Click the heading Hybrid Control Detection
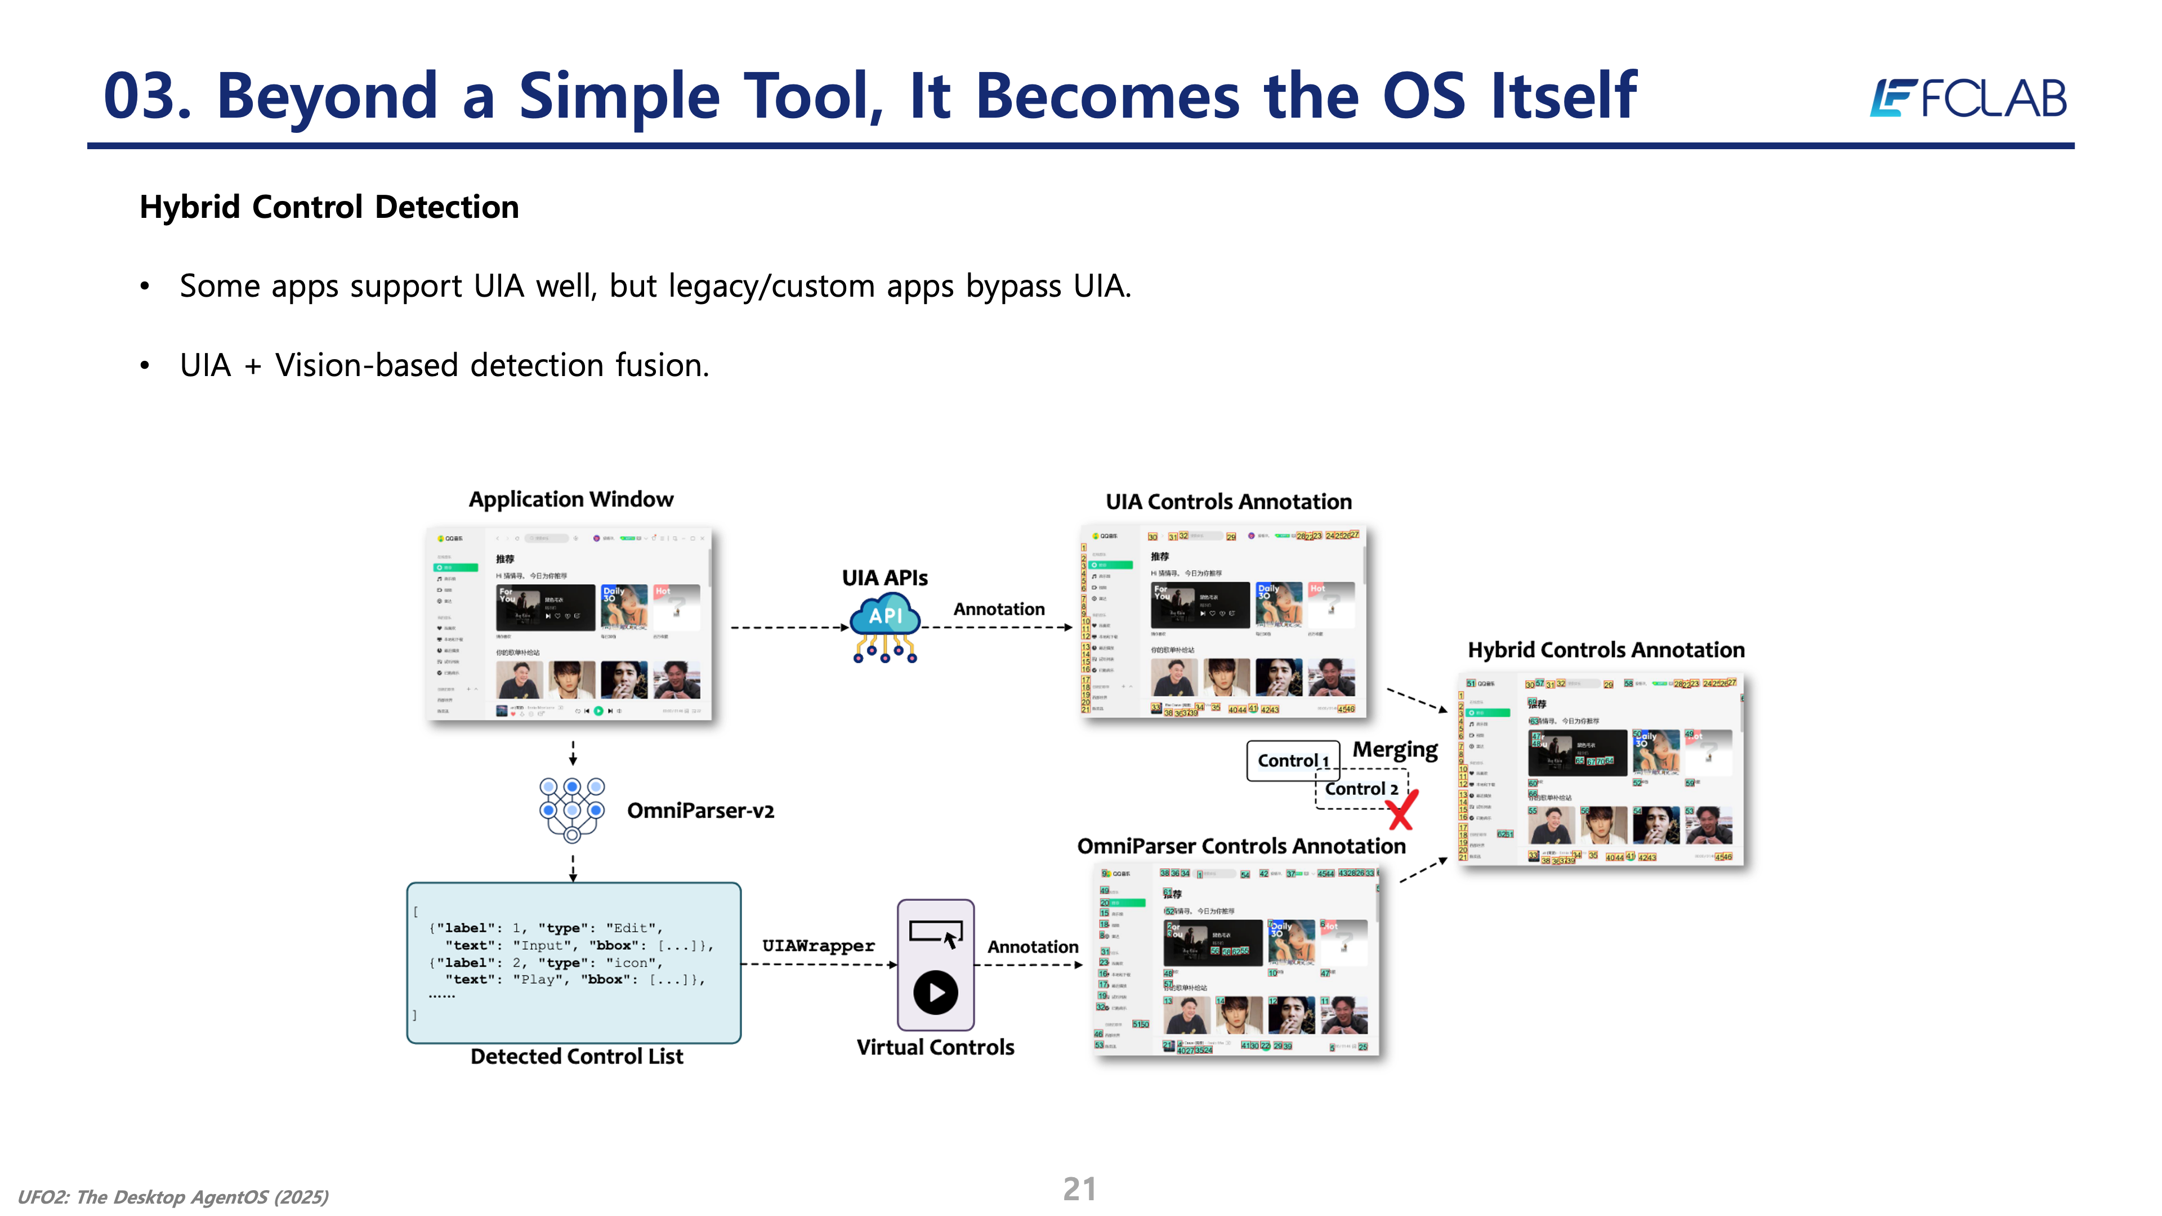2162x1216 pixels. click(x=329, y=207)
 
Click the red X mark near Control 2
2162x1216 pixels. click(x=1401, y=810)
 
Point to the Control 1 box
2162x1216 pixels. click(x=1292, y=761)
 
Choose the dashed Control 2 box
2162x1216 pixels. click(x=1360, y=789)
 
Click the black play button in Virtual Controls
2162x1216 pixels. click(x=935, y=993)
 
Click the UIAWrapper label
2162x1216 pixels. click(x=818, y=946)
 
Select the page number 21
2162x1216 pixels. click(x=1079, y=1189)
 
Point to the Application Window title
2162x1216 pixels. click(x=571, y=499)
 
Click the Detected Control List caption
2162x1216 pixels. click(x=577, y=1057)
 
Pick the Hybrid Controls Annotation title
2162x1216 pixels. click(x=1606, y=650)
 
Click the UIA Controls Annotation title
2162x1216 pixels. click(x=1229, y=502)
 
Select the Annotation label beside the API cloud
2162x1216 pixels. click(x=999, y=609)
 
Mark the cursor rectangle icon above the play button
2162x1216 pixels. click(x=936, y=933)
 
